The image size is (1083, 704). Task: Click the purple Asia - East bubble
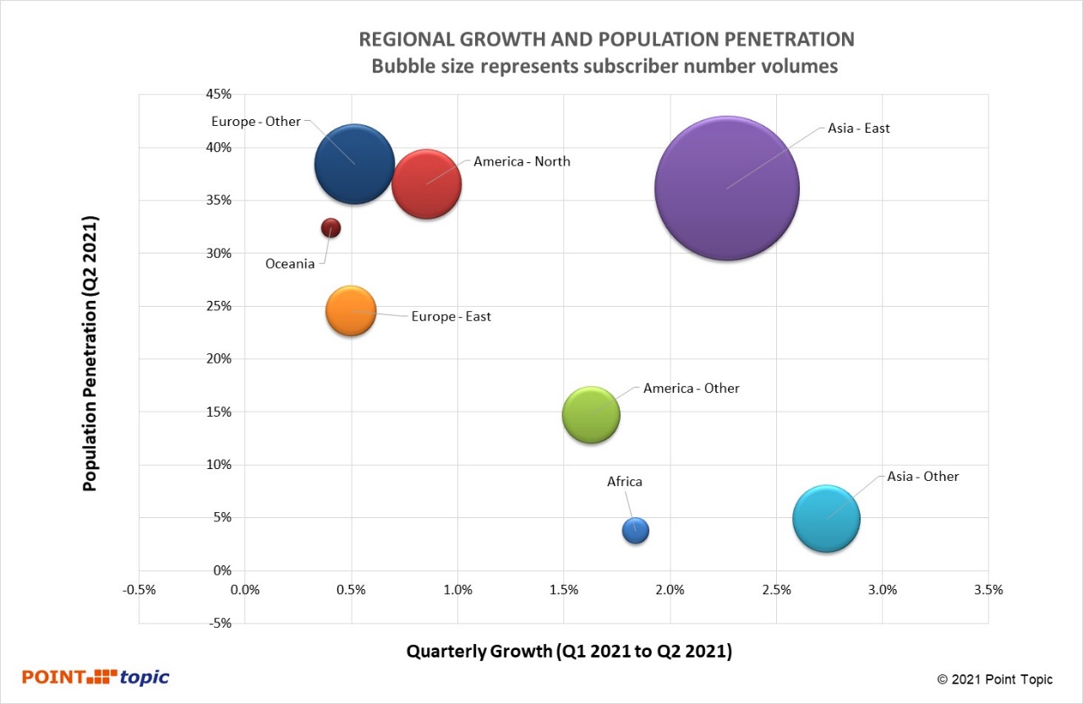point(727,188)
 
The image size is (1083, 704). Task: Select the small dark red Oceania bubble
point(331,227)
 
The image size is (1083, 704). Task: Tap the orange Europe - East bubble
point(350,311)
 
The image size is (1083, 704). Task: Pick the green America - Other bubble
point(591,415)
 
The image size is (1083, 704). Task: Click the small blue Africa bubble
point(635,530)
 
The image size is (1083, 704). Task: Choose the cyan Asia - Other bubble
point(826,519)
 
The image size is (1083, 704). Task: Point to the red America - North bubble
point(426,184)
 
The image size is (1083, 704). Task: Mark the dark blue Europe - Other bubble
point(354,164)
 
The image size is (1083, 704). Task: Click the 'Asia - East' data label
point(858,128)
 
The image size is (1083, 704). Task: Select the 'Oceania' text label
point(290,264)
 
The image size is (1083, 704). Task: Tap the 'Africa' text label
point(625,482)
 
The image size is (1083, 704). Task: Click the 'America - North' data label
point(522,161)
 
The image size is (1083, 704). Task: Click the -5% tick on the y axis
point(220,624)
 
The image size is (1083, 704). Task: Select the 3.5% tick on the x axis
point(987,590)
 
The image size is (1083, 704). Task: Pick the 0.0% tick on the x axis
point(245,590)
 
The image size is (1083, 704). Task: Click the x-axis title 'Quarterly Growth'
point(569,652)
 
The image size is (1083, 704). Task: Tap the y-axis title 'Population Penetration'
point(90,353)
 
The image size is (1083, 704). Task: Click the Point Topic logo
point(96,677)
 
